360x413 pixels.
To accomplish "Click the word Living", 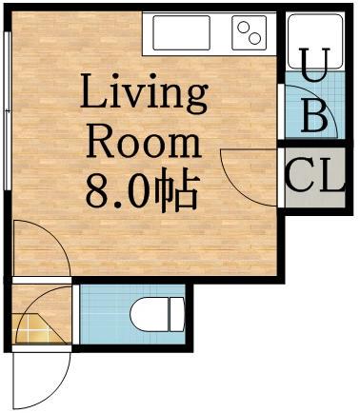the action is click(x=144, y=94).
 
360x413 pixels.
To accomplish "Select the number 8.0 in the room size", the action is click(x=118, y=190).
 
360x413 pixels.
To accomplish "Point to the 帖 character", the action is click(x=176, y=190).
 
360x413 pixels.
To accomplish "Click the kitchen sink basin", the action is click(x=181, y=32).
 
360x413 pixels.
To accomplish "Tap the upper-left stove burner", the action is click(x=243, y=27).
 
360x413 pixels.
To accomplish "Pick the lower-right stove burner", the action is click(x=254, y=39).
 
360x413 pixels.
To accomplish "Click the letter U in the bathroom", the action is click(x=315, y=65).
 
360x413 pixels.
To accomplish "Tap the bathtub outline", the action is click(x=315, y=41).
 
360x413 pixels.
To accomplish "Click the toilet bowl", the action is click(x=150, y=314).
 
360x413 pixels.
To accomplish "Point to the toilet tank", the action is click(x=176, y=314).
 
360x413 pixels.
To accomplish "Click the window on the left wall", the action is click(x=9, y=110).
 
